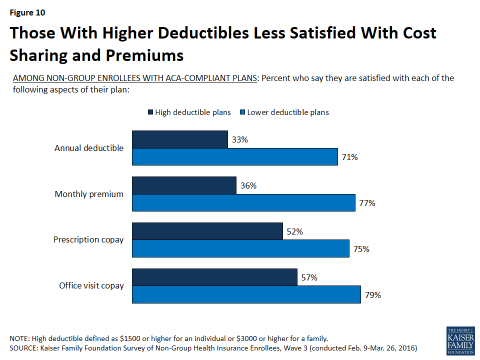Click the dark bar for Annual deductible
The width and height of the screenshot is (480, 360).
(x=179, y=140)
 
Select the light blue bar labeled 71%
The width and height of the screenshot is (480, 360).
(x=235, y=157)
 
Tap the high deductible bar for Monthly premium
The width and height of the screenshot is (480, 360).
(x=184, y=185)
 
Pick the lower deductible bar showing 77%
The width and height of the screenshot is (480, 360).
(x=243, y=202)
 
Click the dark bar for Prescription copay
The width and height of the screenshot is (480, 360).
(x=207, y=231)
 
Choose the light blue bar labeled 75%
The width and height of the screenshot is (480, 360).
(x=240, y=248)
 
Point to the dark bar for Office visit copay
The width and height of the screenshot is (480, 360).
(x=214, y=277)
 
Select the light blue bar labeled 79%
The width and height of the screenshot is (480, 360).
(x=246, y=294)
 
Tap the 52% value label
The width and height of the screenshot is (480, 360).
(x=295, y=231)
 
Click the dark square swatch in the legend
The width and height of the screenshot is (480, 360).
(x=150, y=112)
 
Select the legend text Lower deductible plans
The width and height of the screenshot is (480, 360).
(x=288, y=112)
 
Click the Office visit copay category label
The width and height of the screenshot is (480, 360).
(x=91, y=285)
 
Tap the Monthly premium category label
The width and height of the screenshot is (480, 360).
(x=89, y=194)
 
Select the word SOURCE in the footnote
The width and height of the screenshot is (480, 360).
(x=24, y=347)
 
